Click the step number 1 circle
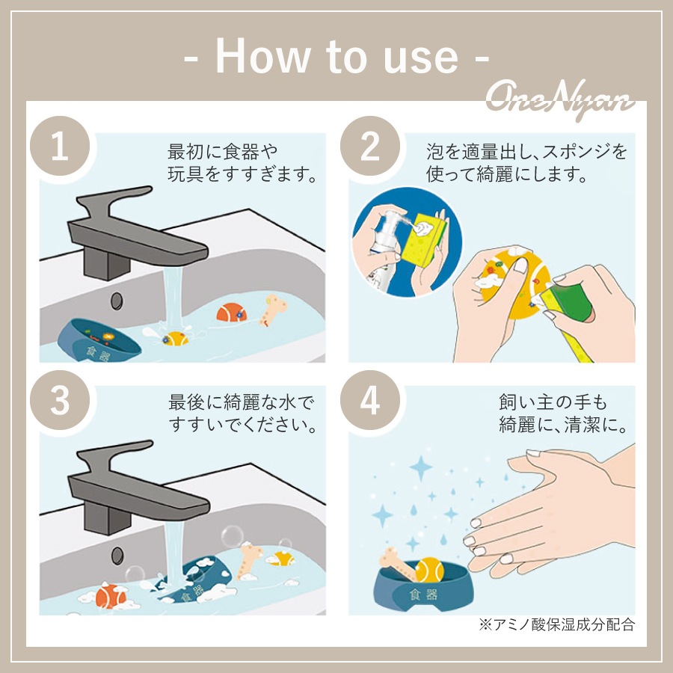[x=60, y=146]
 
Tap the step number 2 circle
[x=370, y=146]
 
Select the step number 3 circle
[x=60, y=400]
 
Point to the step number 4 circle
[x=370, y=400]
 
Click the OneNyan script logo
[x=560, y=99]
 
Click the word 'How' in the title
[x=262, y=57]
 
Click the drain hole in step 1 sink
[x=117, y=301]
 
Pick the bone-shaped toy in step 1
[x=274, y=309]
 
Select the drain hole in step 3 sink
[x=117, y=556]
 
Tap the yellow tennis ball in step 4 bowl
[x=430, y=570]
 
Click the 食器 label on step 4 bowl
[x=423, y=594]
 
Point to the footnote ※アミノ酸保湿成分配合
[x=556, y=624]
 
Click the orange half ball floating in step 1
[x=231, y=313]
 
